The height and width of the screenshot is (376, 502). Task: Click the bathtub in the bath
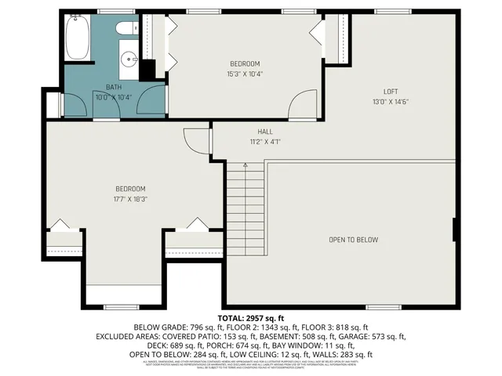click(x=78, y=39)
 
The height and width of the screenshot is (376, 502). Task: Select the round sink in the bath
click(x=130, y=57)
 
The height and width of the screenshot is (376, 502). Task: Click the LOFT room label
click(x=391, y=91)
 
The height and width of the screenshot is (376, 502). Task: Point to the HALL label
click(x=264, y=132)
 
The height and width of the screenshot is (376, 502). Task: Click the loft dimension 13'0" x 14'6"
click(x=391, y=101)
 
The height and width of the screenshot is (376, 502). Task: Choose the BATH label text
click(x=113, y=87)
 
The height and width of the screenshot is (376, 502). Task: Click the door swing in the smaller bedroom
click(x=302, y=104)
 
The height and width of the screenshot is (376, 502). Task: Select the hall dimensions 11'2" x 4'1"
click(x=264, y=142)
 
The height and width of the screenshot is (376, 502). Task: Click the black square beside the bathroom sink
click(x=147, y=70)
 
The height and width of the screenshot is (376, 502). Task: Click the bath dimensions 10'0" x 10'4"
click(x=113, y=97)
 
